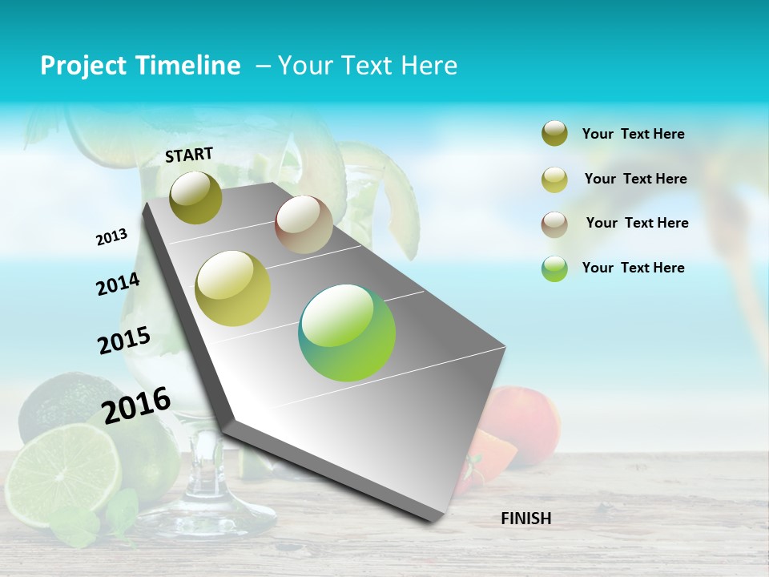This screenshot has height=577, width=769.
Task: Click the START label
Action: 189,155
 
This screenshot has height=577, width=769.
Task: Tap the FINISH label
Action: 526,518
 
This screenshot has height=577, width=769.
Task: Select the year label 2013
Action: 112,237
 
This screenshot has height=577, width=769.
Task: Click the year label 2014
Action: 118,284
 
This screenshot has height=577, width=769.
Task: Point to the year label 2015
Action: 124,340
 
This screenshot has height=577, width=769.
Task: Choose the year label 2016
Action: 137,405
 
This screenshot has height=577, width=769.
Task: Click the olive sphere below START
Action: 196,198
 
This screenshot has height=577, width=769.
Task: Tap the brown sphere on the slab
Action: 304,224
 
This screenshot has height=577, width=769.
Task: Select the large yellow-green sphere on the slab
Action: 233,288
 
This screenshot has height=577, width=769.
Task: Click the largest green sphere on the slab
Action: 347,333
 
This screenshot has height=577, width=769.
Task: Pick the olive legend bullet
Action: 554,134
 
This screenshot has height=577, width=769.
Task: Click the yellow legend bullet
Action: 554,180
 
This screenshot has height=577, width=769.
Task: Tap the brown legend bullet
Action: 554,224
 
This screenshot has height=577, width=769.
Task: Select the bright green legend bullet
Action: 554,268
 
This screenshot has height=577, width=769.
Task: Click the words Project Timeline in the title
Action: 140,66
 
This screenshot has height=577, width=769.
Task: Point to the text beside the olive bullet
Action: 633,134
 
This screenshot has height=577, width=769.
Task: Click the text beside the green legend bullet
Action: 633,268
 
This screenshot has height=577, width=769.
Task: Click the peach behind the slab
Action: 525,421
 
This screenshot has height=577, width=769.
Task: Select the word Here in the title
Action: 429,66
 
